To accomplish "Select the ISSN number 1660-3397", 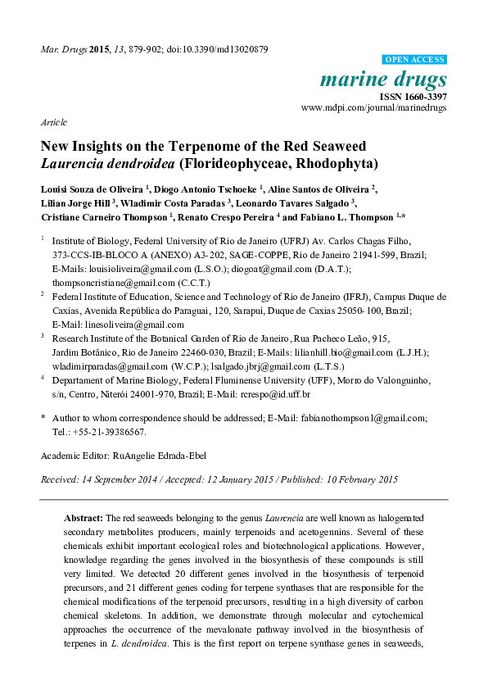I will point(424,96).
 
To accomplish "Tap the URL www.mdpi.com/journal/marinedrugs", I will point(374,107).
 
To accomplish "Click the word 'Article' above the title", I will point(53,121).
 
